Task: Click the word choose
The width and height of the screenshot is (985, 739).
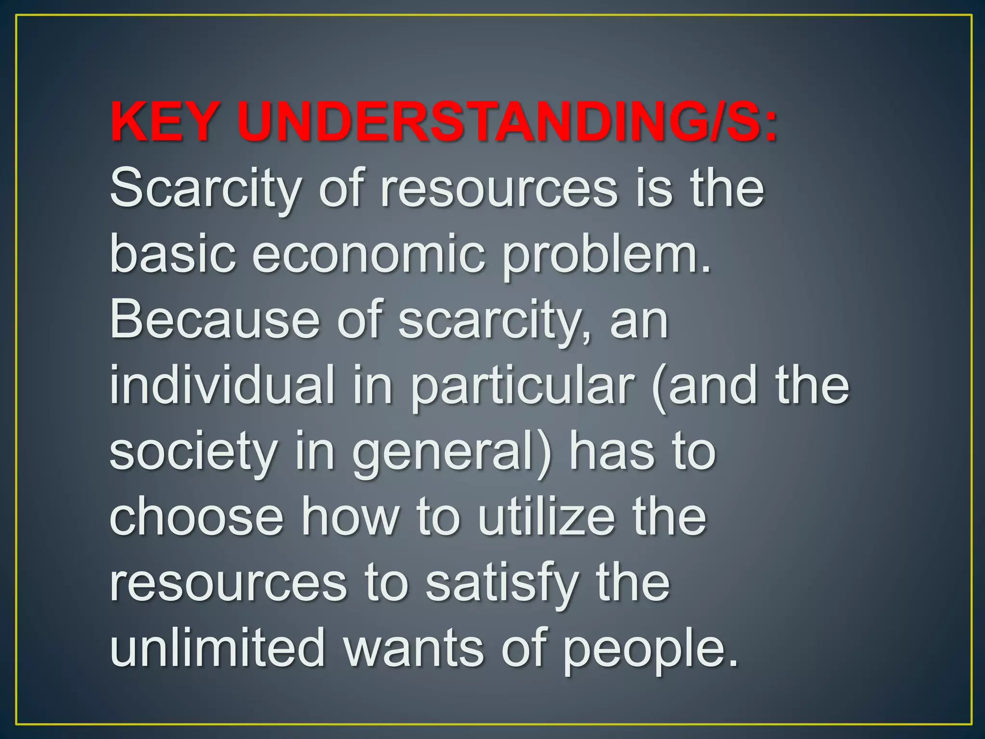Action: [197, 518]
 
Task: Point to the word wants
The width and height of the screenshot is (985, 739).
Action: [414, 649]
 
